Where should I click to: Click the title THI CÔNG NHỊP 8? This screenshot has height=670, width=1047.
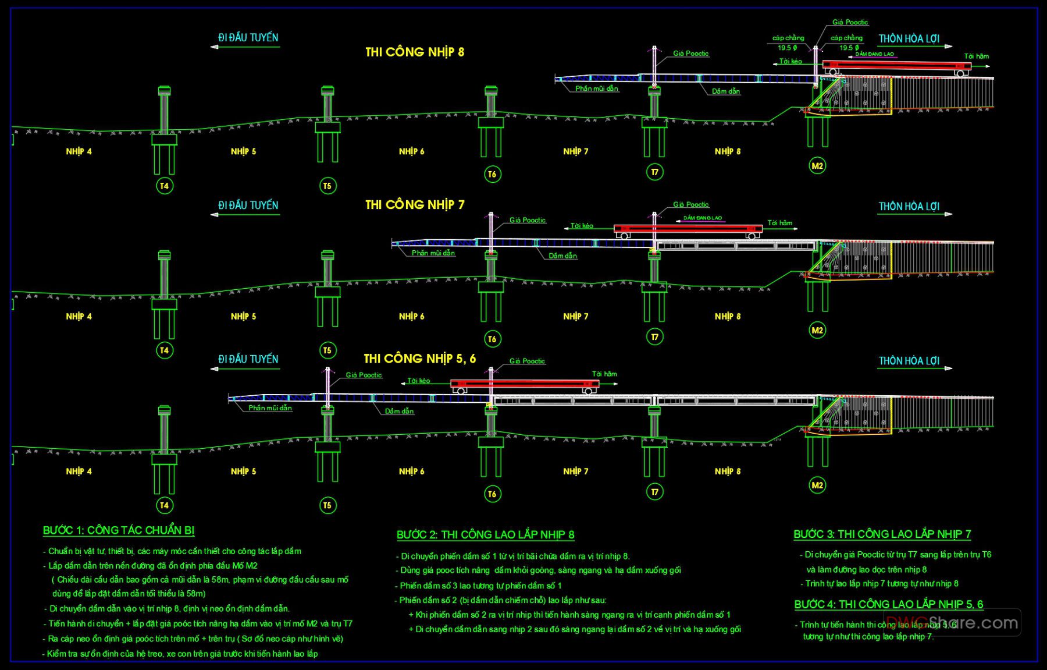click(415, 52)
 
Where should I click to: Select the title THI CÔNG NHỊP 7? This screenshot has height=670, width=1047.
click(415, 205)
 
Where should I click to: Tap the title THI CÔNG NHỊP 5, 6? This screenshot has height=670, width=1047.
click(419, 359)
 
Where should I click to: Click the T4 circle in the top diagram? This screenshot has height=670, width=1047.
click(165, 186)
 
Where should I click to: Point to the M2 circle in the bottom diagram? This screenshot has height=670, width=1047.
click(817, 485)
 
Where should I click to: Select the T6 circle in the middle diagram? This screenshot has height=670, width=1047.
click(492, 339)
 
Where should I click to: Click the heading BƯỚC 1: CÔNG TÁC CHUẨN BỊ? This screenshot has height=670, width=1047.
click(119, 530)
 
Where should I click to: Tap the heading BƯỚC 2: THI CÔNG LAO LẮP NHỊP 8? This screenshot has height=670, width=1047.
click(485, 534)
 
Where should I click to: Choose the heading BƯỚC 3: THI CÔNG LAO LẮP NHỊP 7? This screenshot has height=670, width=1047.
click(882, 534)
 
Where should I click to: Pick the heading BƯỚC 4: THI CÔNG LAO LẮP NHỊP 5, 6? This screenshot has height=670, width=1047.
click(888, 604)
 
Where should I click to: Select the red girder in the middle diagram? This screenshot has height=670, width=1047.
click(688, 229)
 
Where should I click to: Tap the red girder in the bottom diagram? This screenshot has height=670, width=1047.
click(525, 384)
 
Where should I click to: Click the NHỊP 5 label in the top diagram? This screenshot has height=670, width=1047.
click(243, 151)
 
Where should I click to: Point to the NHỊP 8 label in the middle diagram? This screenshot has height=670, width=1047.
click(728, 317)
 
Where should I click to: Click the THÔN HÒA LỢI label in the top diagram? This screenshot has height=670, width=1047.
click(909, 39)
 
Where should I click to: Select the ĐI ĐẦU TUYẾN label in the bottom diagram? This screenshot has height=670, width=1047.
click(248, 360)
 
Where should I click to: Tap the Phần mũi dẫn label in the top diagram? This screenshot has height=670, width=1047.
click(596, 88)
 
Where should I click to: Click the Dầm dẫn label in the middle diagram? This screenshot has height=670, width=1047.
click(562, 256)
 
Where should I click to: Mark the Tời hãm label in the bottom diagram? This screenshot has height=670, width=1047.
click(604, 374)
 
